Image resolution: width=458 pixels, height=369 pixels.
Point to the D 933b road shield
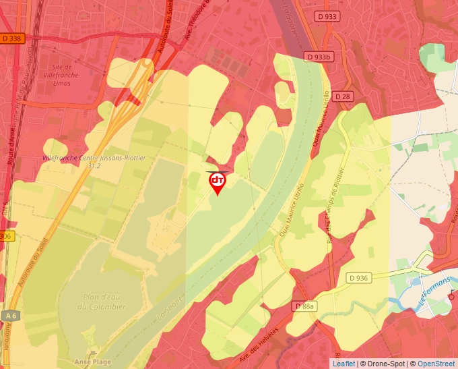pyautogui.click(x=318, y=57)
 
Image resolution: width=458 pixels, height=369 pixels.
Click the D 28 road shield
pyautogui.click(x=343, y=96)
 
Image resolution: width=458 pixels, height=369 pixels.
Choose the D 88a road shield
pyautogui.click(x=304, y=306)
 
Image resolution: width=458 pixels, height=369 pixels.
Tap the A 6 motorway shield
pyautogui.click(x=9, y=315)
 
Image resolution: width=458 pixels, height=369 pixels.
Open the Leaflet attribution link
pyautogui.click(x=343, y=364)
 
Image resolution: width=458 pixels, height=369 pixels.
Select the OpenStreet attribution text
pyautogui.click(x=437, y=364)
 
